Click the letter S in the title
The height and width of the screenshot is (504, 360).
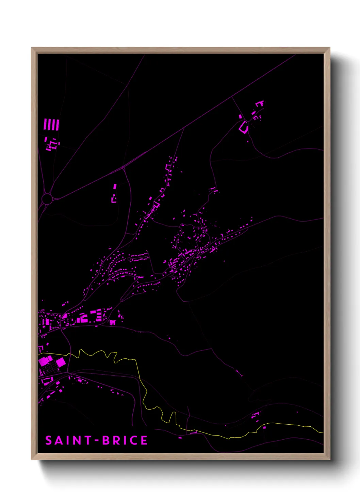(49, 440)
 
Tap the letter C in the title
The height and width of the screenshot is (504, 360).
(133, 440)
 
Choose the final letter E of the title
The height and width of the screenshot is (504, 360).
(144, 440)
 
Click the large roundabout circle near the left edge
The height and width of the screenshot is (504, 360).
(47, 199)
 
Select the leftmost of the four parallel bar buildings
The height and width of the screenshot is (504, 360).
(45, 124)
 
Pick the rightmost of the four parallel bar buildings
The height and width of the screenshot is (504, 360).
(58, 125)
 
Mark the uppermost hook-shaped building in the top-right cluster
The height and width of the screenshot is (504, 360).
(260, 103)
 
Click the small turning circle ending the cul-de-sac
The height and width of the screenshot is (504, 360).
(129, 259)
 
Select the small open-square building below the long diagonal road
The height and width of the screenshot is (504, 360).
(114, 199)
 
